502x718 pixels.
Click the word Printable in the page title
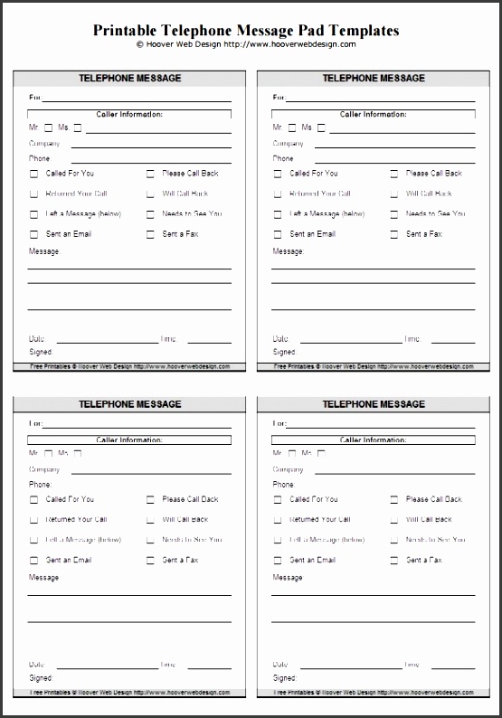tap(125, 31)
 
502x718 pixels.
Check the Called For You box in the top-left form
tap(33, 174)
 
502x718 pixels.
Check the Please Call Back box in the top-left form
tap(150, 174)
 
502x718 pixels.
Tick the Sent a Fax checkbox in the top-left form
tap(150, 235)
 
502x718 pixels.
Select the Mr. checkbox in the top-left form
tap(49, 128)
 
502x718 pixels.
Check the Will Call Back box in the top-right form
tap(393, 194)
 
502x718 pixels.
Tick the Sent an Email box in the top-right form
tap(277, 235)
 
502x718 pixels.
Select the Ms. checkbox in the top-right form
tap(321, 128)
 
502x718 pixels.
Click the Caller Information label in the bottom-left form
tap(129, 440)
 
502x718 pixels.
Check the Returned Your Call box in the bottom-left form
tap(33, 520)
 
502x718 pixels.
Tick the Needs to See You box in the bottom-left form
tap(150, 541)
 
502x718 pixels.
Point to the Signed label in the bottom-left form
tap(41, 677)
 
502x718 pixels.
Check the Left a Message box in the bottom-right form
tap(277, 541)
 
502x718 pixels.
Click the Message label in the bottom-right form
tap(288, 578)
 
